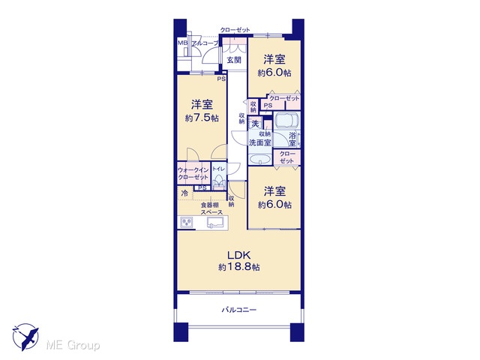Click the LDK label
pos(239,255)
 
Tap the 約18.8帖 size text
pos(239,267)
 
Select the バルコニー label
pos(239,310)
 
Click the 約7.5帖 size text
pos(202,118)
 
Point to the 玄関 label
pos(234,60)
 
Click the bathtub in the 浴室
pos(286,121)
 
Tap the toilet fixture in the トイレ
pos(218,182)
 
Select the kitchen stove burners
pos(187,222)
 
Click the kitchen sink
pos(217,222)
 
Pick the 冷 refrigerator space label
pos(184,193)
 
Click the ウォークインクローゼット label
pos(193,173)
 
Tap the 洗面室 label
pos(259,142)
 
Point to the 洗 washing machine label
pos(255,124)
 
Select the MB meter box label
pos(182,43)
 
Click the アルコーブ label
pos(205,43)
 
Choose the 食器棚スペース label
pos(211,208)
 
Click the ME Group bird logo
pos(26,337)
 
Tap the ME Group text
pos(73,346)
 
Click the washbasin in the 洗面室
pos(259,159)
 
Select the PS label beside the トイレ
pos(202,188)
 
